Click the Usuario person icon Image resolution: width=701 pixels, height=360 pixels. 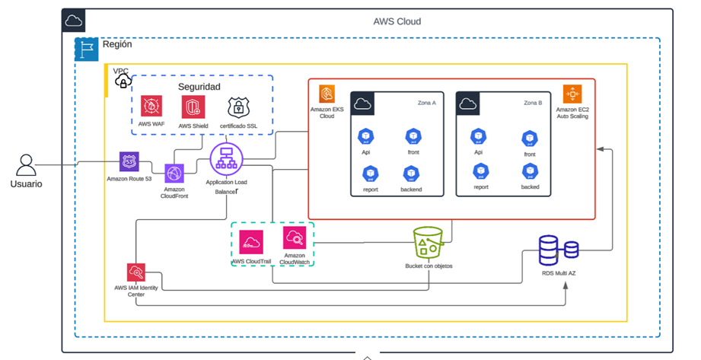[x=27, y=165]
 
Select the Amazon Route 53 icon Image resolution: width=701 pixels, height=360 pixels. [x=129, y=161]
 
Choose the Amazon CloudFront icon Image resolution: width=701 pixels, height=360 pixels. [x=174, y=174]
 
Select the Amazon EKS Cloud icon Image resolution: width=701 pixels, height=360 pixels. [x=327, y=94]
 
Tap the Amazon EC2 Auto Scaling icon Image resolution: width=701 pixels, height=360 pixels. [x=572, y=94]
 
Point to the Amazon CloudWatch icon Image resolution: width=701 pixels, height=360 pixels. [x=295, y=238]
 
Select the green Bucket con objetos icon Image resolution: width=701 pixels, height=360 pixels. [x=428, y=244]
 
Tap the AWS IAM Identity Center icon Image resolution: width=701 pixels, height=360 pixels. [x=135, y=272]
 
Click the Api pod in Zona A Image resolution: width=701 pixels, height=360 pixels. [x=365, y=136]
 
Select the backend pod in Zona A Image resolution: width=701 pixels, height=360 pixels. [x=411, y=174]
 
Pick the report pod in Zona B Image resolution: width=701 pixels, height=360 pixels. [x=480, y=171]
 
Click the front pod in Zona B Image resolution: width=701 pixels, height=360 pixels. [x=530, y=139]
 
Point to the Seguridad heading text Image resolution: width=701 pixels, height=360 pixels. [x=199, y=87]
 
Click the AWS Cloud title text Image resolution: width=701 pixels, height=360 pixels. [x=397, y=21]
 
